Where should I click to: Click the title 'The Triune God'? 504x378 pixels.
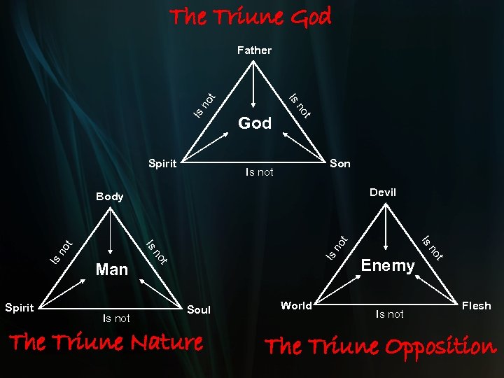pos(251,17)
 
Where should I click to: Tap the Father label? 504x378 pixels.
pos(254,50)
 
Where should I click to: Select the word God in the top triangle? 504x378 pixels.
pos(255,123)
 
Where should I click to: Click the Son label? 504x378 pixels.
pos(340,164)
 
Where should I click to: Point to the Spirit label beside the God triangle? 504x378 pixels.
pos(162,164)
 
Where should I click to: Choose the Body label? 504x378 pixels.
pos(110,197)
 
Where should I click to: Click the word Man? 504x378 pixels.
pos(111,269)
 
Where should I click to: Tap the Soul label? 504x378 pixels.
pos(199,309)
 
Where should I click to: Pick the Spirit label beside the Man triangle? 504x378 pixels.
pos(19,307)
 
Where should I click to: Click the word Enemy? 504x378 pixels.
pos(388,265)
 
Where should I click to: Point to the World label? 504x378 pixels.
pos(296,305)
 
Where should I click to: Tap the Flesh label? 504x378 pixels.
pos(476,305)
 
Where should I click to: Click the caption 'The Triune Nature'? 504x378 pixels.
pos(106,342)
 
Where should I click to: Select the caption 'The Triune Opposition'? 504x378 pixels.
pos(380,346)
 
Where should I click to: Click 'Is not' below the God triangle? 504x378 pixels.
pos(259,172)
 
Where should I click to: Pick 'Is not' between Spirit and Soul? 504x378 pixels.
pos(116,318)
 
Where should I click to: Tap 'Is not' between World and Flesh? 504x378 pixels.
pos(389,314)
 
